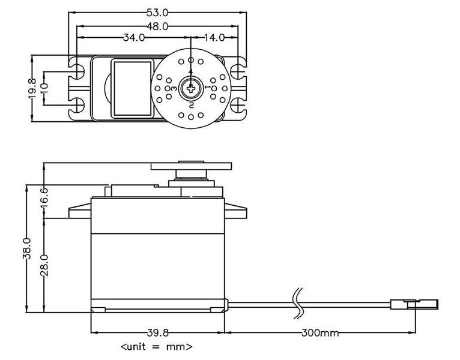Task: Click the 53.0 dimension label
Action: point(158,12)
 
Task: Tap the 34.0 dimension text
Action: point(133,37)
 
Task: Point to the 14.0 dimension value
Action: point(214,37)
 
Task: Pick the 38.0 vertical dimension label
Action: point(26,248)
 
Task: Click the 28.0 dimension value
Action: point(44,266)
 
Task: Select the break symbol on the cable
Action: point(297,302)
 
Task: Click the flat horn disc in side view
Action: point(191,165)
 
